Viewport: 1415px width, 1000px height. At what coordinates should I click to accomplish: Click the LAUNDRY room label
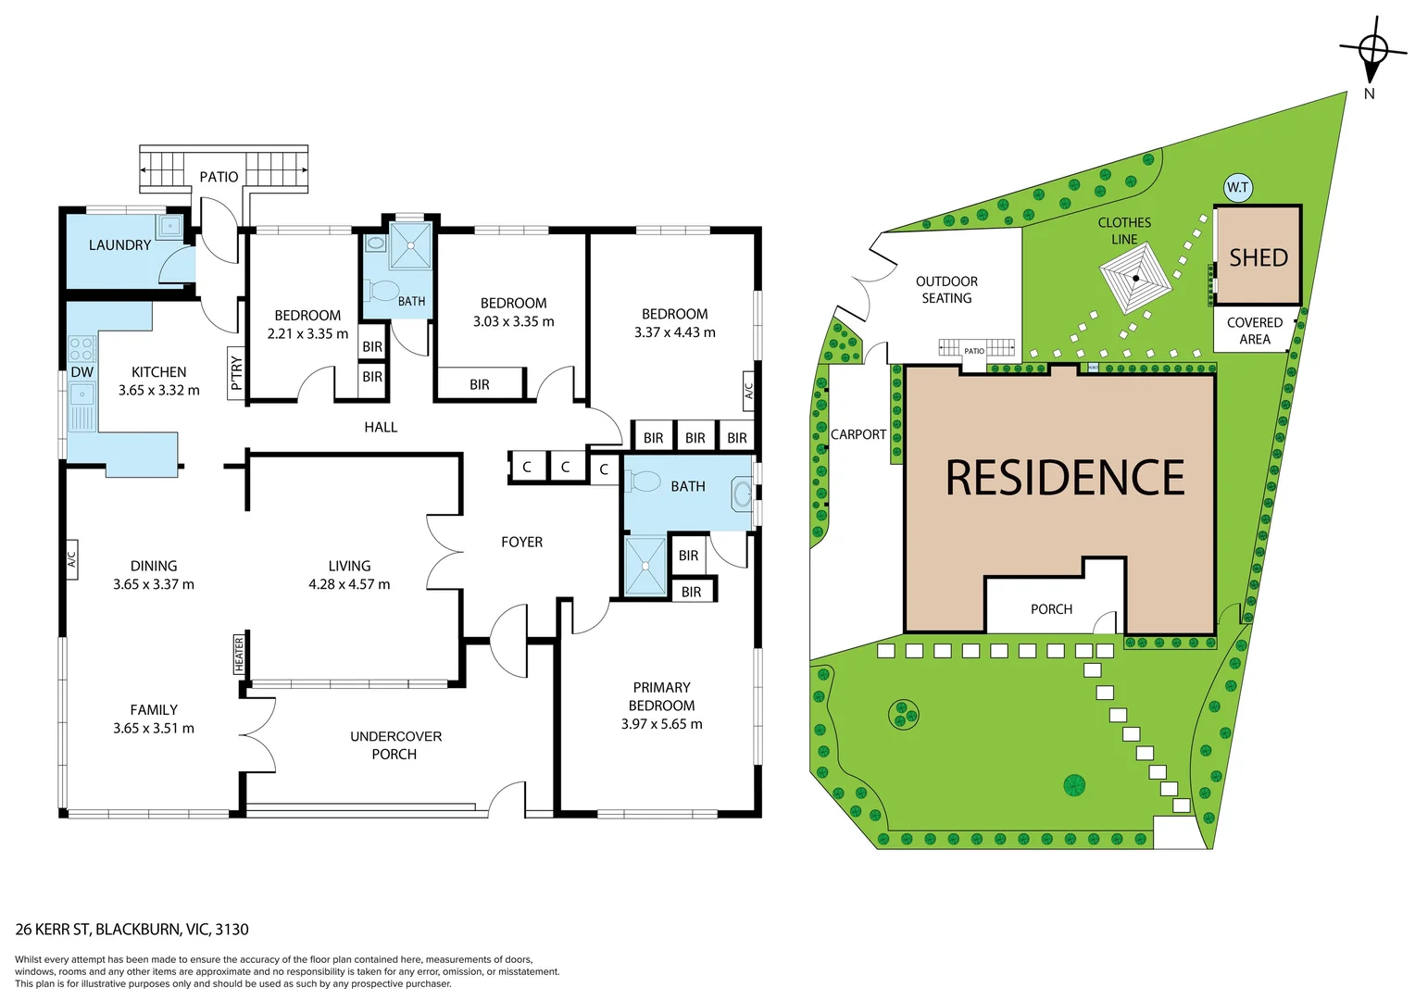coord(119,245)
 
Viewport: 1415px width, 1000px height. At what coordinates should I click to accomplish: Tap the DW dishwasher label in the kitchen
coord(82,372)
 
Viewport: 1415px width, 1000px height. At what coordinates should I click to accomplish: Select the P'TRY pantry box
coord(236,373)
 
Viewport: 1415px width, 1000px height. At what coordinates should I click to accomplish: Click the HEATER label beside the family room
coord(239,655)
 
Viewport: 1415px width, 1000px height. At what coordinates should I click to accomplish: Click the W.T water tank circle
coord(1237,187)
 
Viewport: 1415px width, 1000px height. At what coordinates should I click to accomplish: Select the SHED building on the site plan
coord(1258,256)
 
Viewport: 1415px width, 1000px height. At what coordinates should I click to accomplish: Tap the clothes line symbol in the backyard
coord(1135,278)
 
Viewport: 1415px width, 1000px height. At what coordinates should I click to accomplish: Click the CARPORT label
coord(858,434)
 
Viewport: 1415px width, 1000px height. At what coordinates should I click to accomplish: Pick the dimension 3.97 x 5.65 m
coord(661,724)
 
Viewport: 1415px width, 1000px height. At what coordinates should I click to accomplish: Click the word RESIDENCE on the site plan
coord(1065,478)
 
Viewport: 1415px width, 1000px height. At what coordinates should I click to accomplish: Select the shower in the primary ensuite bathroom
coord(645,566)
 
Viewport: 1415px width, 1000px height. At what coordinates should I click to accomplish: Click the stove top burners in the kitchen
coord(81,349)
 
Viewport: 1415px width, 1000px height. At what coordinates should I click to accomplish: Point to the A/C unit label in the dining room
coord(72,559)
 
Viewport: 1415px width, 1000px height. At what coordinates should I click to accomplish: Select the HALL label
coord(381,427)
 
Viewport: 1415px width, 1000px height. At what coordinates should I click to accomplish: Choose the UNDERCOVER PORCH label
coord(395,745)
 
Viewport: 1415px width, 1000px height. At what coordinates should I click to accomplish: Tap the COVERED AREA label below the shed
coord(1254,331)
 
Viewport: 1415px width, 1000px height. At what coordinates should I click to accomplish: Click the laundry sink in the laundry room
coord(170,226)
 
